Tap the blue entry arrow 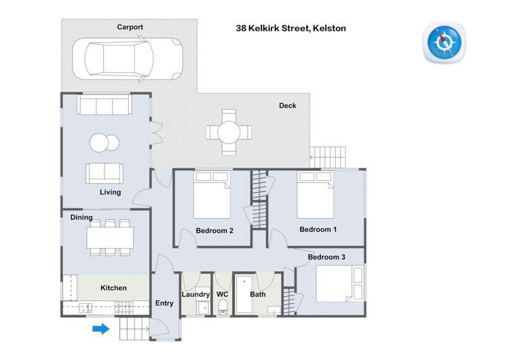click(x=100, y=329)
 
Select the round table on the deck click(x=229, y=130)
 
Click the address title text click(x=290, y=29)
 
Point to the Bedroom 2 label click(x=214, y=231)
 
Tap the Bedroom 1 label click(x=318, y=230)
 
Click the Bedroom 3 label click(x=326, y=257)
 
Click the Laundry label click(x=195, y=294)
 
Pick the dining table click(x=110, y=237)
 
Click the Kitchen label click(x=113, y=288)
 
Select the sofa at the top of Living click(x=104, y=105)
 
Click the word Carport click(x=130, y=27)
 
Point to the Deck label click(x=287, y=105)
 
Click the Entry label click(x=165, y=303)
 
